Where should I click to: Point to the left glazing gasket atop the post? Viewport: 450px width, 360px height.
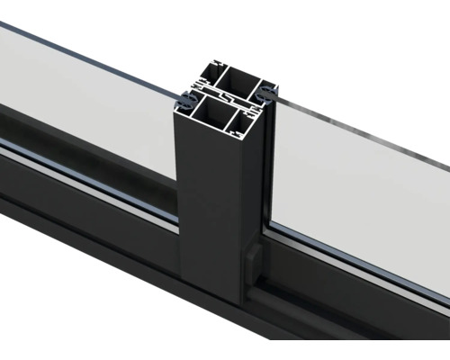(x=185, y=93)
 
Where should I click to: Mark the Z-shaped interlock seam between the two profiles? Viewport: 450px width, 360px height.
(x=225, y=95)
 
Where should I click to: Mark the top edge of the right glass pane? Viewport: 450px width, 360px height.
(x=360, y=135)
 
